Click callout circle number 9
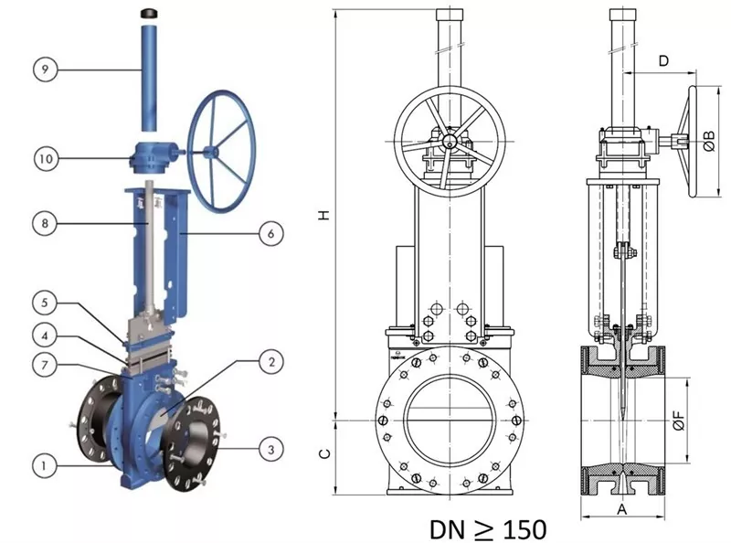[x=45, y=69]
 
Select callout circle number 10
[x=46, y=159]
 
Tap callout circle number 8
[x=45, y=223]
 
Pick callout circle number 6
[x=271, y=233]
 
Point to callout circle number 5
[x=45, y=303]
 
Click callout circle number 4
[x=45, y=335]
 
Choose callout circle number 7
[x=45, y=365]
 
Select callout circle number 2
[x=271, y=361]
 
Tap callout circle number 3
[x=271, y=450]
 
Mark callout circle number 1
[x=45, y=465]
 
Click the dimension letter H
[x=324, y=215]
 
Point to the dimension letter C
[x=325, y=454]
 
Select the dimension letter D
[x=663, y=60]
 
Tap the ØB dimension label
[x=709, y=141]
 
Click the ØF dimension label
[x=679, y=420]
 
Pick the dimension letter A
[x=622, y=509]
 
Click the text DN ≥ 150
[x=488, y=530]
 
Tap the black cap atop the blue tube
[x=149, y=13]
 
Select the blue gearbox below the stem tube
[x=152, y=158]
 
